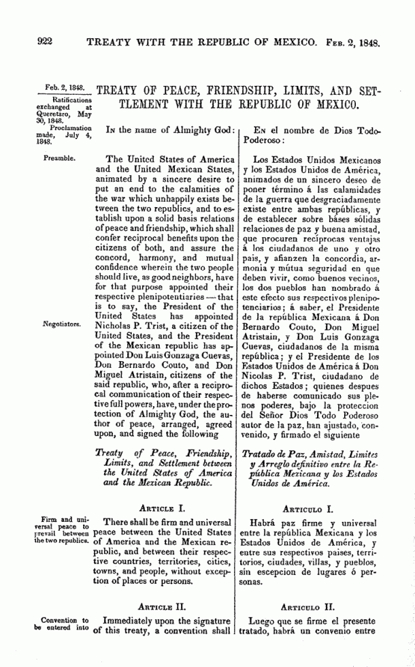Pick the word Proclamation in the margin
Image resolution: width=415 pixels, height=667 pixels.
[69, 128]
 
